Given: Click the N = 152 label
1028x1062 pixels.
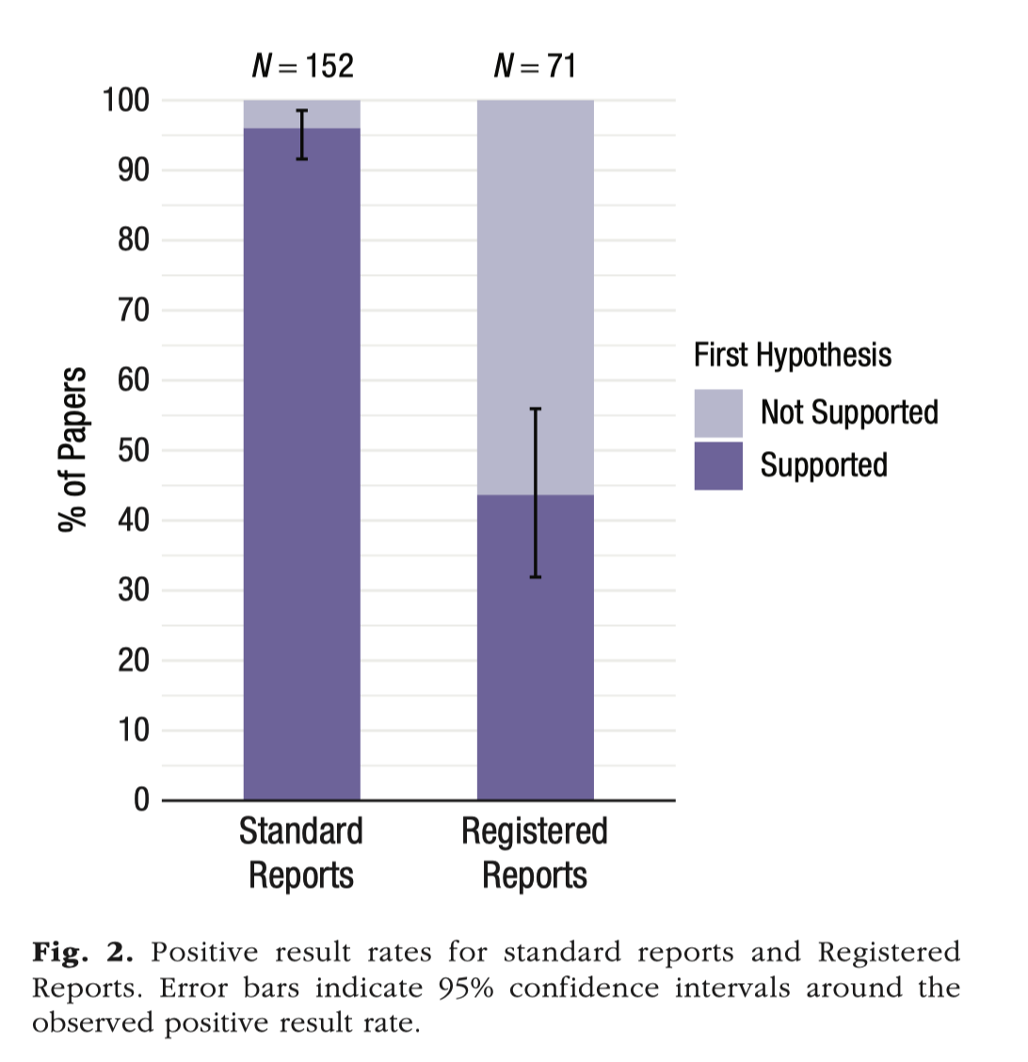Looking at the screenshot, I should point(302,66).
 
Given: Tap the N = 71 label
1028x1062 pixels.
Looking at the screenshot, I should point(535,66).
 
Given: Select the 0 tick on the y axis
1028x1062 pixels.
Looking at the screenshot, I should point(141,800).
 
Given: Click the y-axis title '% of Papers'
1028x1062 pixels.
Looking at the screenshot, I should point(73,450).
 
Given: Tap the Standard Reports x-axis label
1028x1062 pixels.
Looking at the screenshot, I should point(301,853).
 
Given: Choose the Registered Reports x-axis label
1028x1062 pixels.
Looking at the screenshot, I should point(535,853).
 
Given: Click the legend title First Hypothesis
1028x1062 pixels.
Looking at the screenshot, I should point(793,355).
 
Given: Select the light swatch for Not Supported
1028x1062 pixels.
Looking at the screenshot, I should point(718,412).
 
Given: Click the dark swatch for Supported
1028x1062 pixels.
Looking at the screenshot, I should point(718,465).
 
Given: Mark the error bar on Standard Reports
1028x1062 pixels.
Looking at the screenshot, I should point(302,135).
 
